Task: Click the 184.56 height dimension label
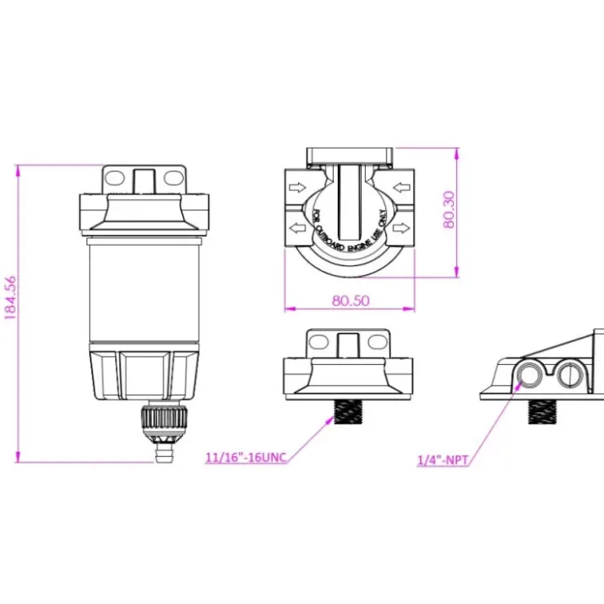point(10,297)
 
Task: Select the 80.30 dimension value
point(449,210)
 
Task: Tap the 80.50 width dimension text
point(350,300)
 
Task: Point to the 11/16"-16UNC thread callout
point(246,458)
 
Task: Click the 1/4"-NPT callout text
point(443,460)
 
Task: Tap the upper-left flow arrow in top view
point(297,189)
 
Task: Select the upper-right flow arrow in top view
point(402,188)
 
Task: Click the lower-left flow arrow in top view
point(297,228)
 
